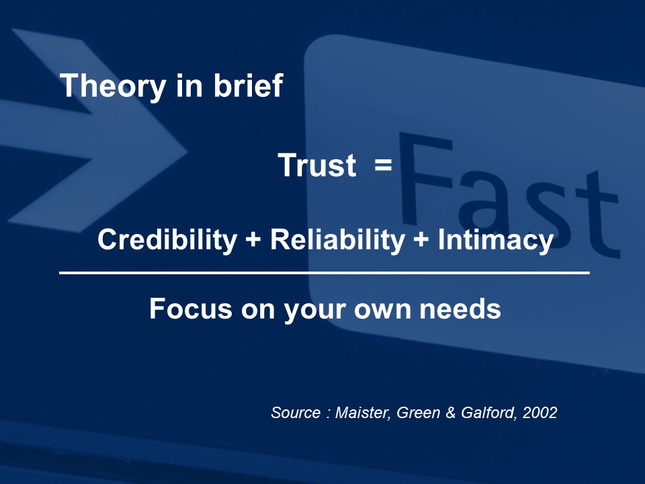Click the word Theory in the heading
(113, 87)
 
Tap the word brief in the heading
(248, 85)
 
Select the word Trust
(317, 165)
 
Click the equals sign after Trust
(383, 165)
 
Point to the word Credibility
(167, 239)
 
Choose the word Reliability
(337, 239)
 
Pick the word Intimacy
(495, 239)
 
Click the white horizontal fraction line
(324, 272)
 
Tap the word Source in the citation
(296, 412)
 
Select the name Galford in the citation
(488, 413)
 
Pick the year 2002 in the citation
(540, 412)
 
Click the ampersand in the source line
(450, 413)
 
